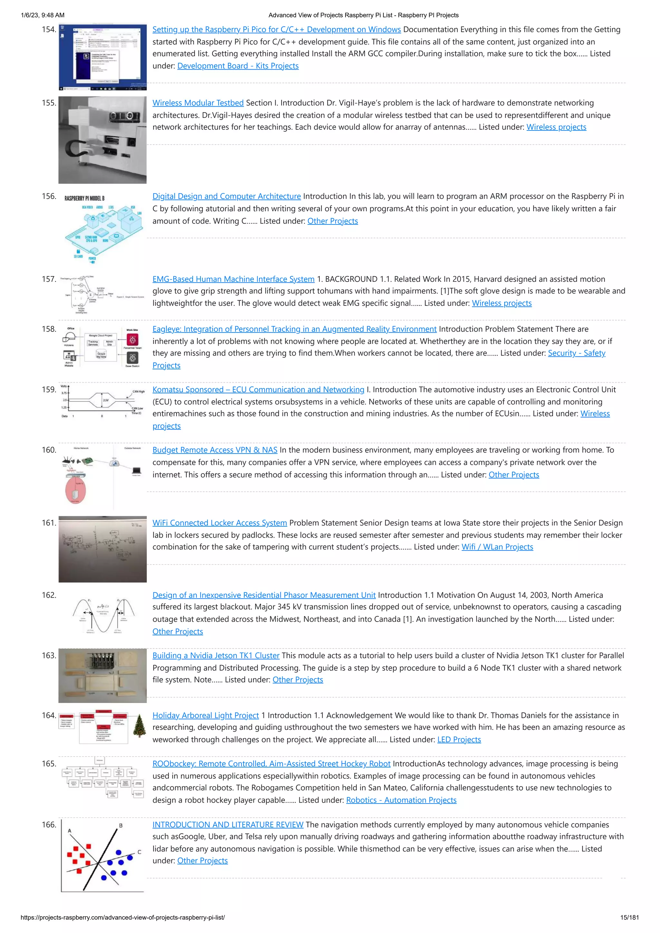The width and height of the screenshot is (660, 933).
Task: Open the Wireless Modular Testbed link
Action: pyautogui.click(x=198, y=103)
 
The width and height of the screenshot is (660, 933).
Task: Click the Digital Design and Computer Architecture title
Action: pyautogui.click(x=227, y=196)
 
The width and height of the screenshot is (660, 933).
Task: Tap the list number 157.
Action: pyautogui.click(x=48, y=279)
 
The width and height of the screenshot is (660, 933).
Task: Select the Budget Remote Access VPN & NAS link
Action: pyautogui.click(x=215, y=450)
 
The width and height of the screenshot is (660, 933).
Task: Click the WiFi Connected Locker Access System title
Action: pyautogui.click(x=219, y=523)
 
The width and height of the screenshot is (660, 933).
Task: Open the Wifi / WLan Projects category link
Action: pyautogui.click(x=497, y=547)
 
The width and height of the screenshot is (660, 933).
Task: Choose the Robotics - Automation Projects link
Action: pyautogui.click(x=401, y=800)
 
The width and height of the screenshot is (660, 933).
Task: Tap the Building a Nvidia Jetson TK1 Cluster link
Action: pyautogui.click(x=216, y=655)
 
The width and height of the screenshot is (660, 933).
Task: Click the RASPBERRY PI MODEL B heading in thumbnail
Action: pyautogui.click(x=84, y=198)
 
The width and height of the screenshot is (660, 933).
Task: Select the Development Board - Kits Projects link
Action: pyautogui.click(x=238, y=66)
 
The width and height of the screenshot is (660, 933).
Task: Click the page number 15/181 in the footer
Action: pyautogui.click(x=629, y=917)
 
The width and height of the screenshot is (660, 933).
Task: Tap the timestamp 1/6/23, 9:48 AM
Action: pyautogui.click(x=42, y=15)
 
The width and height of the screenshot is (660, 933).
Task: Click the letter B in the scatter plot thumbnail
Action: pyautogui.click(x=121, y=825)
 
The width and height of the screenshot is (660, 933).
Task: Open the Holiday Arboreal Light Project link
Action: pyautogui.click(x=205, y=715)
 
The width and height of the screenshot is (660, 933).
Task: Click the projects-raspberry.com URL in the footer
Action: pyautogui.click(x=122, y=917)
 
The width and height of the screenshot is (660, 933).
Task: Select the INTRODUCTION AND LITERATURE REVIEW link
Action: pyautogui.click(x=228, y=824)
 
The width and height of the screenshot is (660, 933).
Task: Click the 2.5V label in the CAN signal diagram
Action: pyautogui.click(x=106, y=400)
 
